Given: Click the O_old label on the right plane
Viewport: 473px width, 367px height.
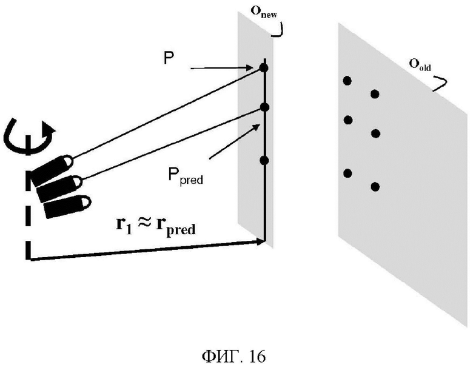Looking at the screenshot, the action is point(420,64).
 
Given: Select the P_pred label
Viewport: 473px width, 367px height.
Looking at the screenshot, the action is point(185,175).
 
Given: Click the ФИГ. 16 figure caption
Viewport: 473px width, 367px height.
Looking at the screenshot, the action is point(234,357).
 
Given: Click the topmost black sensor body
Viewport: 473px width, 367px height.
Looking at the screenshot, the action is point(52,170).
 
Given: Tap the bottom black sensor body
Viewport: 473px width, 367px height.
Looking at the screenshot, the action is point(67,206).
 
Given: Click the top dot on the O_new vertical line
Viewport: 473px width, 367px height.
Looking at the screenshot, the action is point(264,68).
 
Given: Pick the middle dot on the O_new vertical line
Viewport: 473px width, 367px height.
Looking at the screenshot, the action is point(264,107).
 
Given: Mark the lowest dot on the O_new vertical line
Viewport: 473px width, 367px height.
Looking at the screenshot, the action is point(264,160).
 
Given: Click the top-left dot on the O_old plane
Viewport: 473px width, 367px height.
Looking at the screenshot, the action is point(347,81).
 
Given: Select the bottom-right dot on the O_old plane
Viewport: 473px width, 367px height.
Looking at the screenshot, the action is point(375,187).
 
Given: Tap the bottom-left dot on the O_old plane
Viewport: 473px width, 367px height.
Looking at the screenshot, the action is point(348,173).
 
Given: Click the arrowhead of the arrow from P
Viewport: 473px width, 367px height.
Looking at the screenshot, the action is point(256,67).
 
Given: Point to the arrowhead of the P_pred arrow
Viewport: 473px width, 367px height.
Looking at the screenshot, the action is point(257,127).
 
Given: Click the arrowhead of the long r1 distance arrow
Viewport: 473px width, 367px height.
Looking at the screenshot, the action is point(260,241).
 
